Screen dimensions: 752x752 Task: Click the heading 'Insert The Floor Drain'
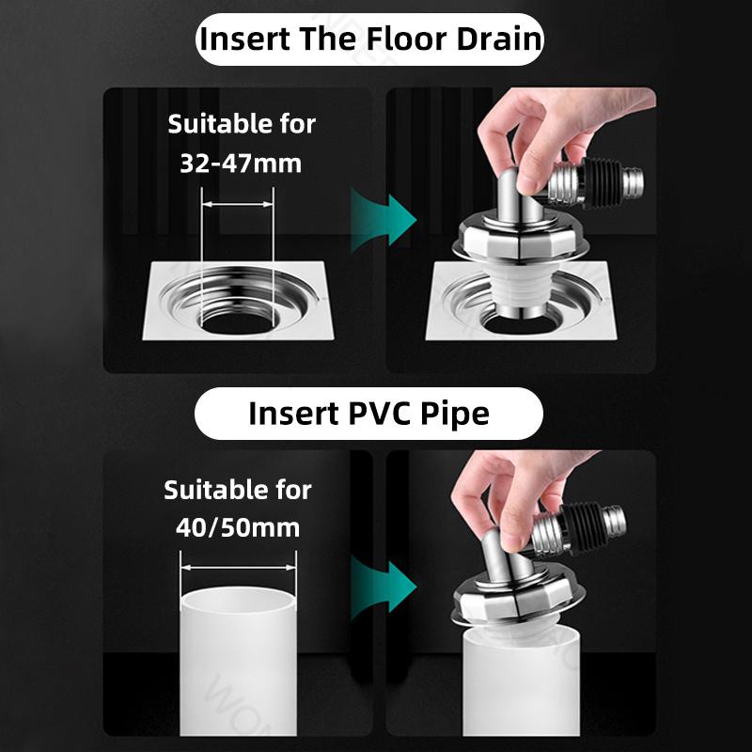tap(370, 39)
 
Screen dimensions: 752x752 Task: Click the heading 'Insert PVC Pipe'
tap(368, 414)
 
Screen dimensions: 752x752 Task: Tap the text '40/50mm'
tap(238, 526)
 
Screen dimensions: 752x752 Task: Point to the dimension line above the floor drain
tap(238, 201)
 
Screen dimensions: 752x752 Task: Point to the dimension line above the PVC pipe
tap(238, 567)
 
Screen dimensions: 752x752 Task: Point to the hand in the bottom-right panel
tap(508, 498)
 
